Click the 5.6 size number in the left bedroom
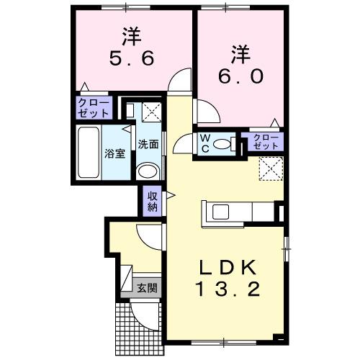[x=132, y=59]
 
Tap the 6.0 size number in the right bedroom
[x=240, y=75]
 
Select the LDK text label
[x=228, y=268]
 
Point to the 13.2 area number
[x=228, y=292]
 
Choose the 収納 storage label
[x=153, y=201]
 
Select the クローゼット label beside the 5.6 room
[x=94, y=108]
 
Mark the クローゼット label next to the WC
[x=266, y=141]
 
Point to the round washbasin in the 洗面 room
[x=147, y=171]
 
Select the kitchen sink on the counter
[x=219, y=212]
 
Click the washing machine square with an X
[x=152, y=112]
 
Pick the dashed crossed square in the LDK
[x=271, y=169]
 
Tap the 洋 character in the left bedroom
[x=132, y=35]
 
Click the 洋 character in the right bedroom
[x=240, y=52]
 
